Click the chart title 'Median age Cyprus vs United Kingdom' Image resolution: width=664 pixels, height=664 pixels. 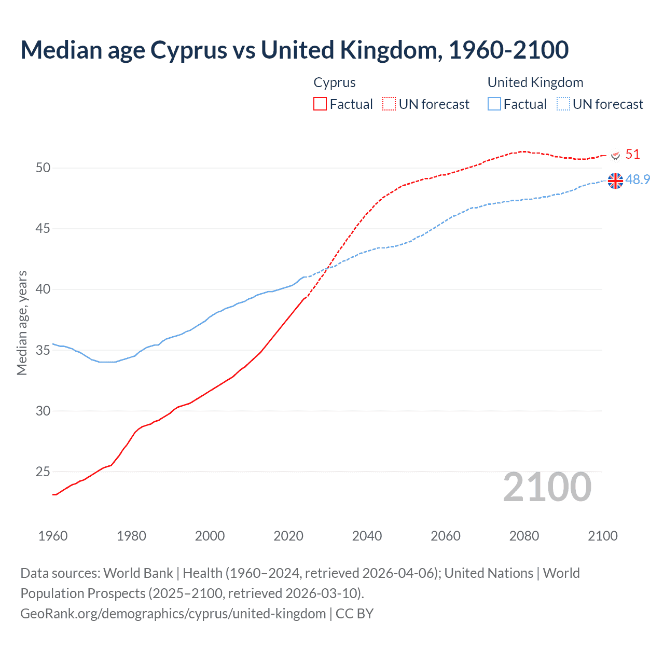coord(294,50)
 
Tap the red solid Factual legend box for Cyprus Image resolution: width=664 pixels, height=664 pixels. coord(320,104)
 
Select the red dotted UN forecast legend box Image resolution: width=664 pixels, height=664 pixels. coord(389,104)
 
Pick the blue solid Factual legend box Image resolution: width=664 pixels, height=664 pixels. coord(494,104)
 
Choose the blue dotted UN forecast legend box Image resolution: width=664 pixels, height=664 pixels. coord(563,104)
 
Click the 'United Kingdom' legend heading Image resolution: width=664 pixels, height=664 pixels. coord(535,82)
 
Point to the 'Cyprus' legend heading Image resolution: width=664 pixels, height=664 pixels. coord(335,82)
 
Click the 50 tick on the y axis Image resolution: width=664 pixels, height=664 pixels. coord(43,168)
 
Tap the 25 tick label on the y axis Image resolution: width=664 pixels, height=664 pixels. coord(43,472)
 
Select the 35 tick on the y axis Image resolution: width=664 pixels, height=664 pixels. coord(43,350)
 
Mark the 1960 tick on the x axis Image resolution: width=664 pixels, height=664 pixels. coord(53,536)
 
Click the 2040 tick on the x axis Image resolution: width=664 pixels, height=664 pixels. coord(367,536)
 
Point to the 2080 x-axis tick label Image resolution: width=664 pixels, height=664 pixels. coord(524,536)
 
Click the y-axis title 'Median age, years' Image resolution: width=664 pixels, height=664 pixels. coord(22,323)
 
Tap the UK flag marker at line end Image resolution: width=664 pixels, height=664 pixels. coord(615,181)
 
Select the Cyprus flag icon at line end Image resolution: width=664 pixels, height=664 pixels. coord(616,155)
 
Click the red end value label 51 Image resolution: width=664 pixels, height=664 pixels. coord(632,154)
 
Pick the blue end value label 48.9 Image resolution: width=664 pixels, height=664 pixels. coord(638,179)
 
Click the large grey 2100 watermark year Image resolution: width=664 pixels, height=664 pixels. coord(547,487)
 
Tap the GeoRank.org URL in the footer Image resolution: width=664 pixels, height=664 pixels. coord(173,614)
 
